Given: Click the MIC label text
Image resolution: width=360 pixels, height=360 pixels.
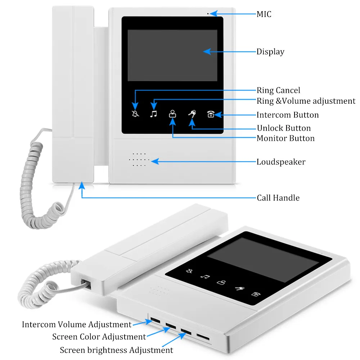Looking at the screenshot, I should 264,14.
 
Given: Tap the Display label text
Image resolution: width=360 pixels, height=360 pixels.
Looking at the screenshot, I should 270,52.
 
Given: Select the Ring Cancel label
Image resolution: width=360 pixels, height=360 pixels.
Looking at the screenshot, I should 278,90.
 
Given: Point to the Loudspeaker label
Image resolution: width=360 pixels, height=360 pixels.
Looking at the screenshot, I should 281,162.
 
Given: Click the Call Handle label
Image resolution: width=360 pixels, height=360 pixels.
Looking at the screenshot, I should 278,198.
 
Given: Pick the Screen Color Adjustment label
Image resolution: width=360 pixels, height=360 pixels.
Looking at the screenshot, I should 99,337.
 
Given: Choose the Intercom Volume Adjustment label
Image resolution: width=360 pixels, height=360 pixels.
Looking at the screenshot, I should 77,324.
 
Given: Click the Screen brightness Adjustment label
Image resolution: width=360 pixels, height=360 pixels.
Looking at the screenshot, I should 116,350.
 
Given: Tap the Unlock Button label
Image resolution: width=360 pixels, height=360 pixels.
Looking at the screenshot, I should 284,128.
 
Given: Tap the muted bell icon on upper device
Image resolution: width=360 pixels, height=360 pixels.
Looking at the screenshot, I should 135,115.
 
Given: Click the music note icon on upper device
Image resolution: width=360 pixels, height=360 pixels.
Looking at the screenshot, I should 154,114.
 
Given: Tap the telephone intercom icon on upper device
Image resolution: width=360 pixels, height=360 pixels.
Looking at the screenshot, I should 211,114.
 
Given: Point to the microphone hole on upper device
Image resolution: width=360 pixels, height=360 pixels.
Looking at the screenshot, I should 208,14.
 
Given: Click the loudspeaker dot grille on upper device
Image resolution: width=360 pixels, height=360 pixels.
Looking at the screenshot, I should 139,159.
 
